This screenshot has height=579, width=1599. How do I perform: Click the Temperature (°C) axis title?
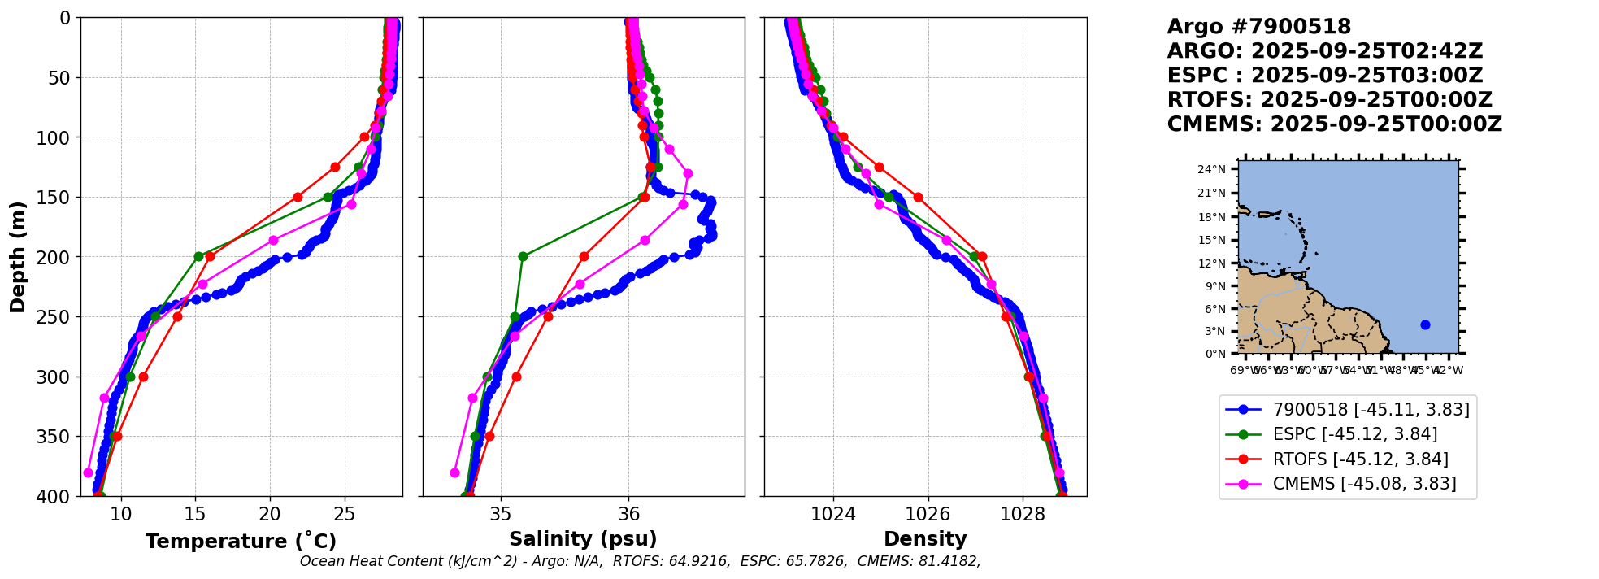coord(241,542)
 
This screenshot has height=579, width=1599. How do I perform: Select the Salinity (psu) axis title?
coord(583,539)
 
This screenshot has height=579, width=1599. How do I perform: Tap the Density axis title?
coord(925,539)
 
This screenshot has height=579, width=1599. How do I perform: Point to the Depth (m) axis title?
coord(18,257)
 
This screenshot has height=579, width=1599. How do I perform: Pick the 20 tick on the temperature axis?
coord(270,514)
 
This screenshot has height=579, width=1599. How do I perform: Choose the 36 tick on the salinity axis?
coord(629,514)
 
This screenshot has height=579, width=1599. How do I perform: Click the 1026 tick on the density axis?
coord(928,514)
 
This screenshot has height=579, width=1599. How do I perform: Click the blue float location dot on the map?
coord(1425,324)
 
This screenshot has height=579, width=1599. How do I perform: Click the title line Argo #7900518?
coord(1258,27)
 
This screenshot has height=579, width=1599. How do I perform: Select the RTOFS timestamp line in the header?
coord(1329,100)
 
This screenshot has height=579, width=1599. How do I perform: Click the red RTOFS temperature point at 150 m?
coord(298,197)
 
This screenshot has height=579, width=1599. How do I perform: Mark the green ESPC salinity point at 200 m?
coord(523,256)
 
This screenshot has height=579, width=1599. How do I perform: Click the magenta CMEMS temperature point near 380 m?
coord(88,472)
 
